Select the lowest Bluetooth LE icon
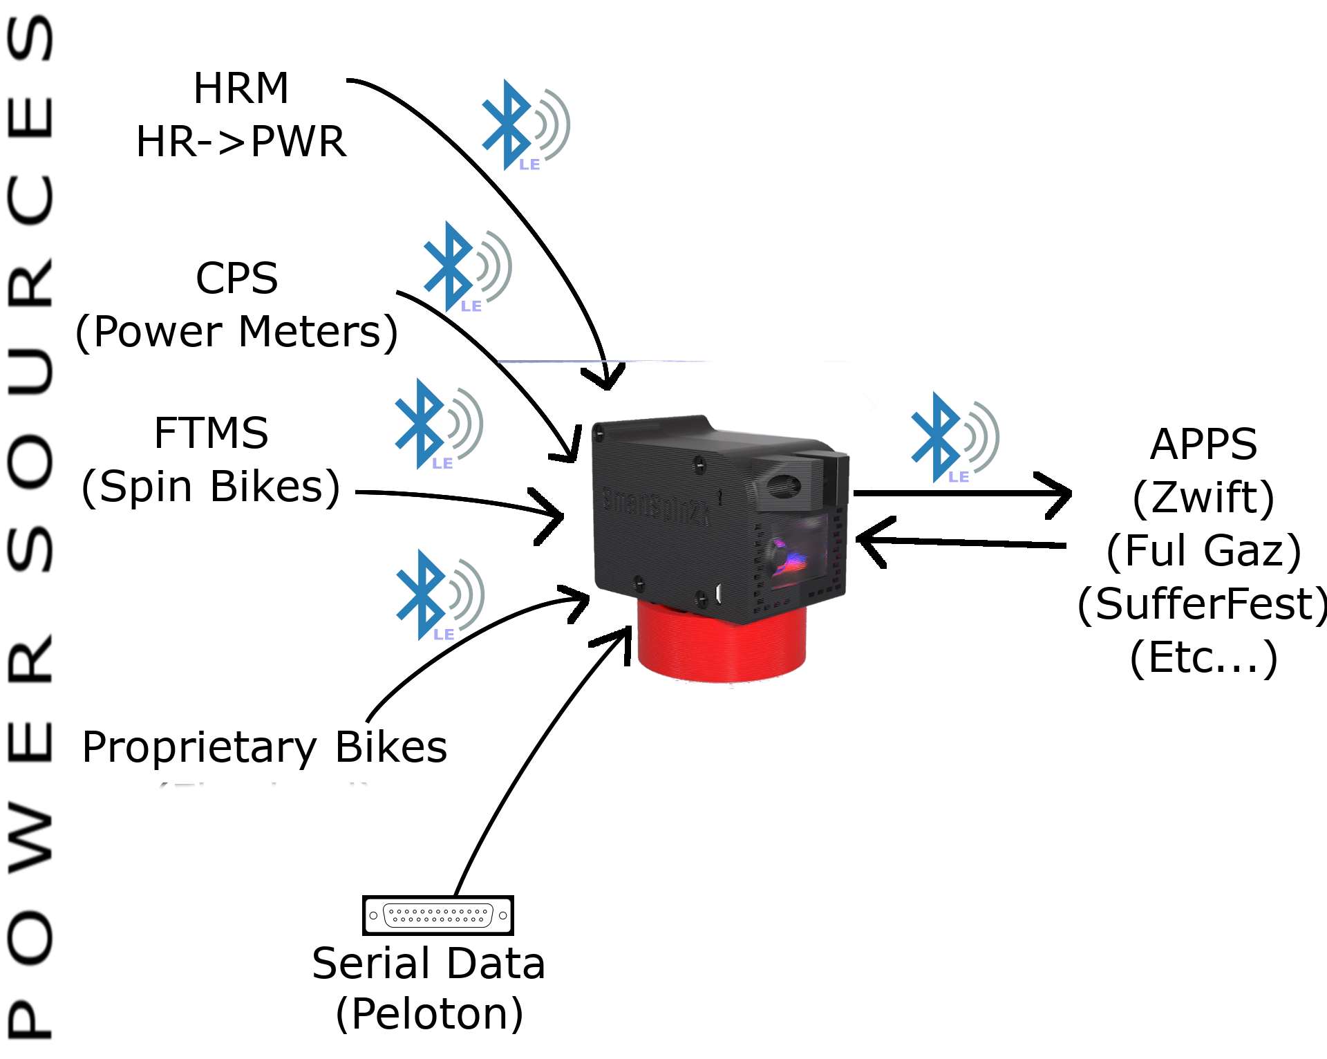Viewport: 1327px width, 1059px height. point(422,594)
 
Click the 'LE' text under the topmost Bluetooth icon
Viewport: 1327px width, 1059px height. point(529,165)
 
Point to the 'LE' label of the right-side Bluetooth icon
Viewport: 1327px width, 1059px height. point(959,477)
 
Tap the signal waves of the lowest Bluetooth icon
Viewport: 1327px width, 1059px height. point(470,594)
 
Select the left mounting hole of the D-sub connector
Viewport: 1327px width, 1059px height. point(373,915)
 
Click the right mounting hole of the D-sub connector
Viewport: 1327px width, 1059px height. point(502,915)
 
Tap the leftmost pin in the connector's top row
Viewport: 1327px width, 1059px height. point(392,912)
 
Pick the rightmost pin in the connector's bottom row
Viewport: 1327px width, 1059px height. point(481,919)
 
